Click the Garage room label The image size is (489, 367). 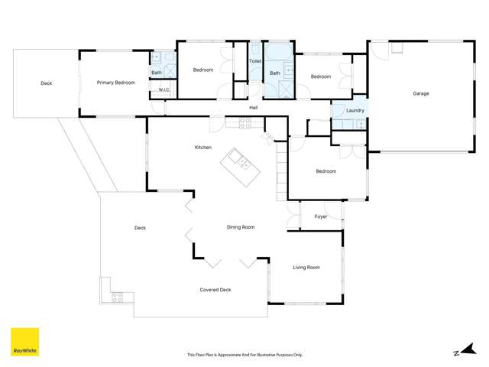pos(421,93)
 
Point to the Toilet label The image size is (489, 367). pos(255,60)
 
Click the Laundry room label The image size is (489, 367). pos(355,110)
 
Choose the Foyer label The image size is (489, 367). pos(321,216)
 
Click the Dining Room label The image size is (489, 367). pos(241,227)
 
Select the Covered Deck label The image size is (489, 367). pos(215,290)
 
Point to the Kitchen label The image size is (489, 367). pos(202,147)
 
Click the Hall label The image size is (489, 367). pos(253,108)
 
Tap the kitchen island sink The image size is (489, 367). pos(239,161)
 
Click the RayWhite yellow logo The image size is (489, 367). pos(24,343)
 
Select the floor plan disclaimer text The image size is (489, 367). pos(244,355)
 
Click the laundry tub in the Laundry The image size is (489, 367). pos(358,125)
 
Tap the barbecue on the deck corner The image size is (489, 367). pos(118,297)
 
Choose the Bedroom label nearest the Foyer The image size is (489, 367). pos(326,171)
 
